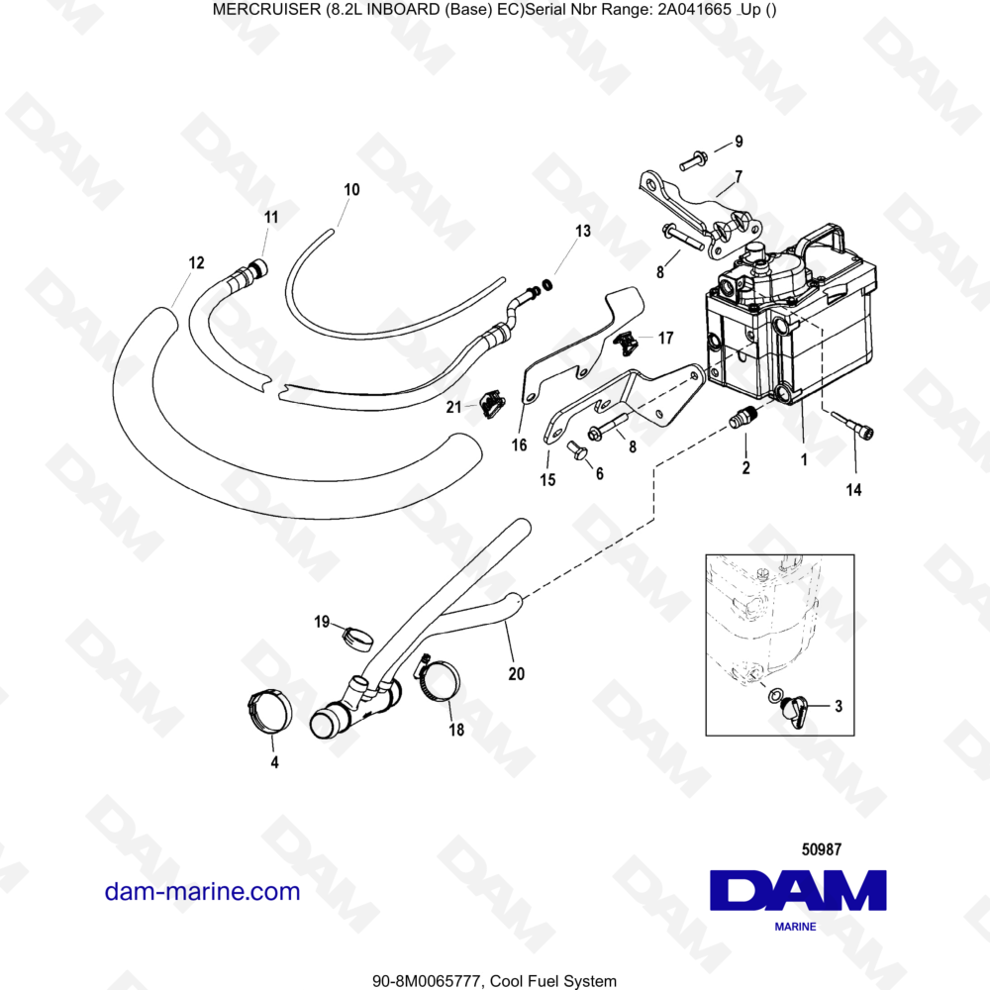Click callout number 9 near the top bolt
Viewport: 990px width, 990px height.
tap(738, 142)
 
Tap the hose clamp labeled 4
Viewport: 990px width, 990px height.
tap(268, 711)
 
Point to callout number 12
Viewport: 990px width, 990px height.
tap(196, 263)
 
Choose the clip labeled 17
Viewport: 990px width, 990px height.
tap(626, 342)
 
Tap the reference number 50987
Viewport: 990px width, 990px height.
tap(820, 848)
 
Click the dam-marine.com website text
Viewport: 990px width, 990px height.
tap(202, 891)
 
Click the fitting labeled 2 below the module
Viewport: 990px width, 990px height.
tap(742, 420)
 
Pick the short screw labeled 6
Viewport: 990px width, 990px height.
tap(579, 451)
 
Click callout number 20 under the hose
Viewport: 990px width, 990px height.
tap(516, 674)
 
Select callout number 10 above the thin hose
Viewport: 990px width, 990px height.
tap(351, 189)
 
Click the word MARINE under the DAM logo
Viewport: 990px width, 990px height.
tap(794, 928)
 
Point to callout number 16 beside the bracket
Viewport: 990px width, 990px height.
tap(519, 445)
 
